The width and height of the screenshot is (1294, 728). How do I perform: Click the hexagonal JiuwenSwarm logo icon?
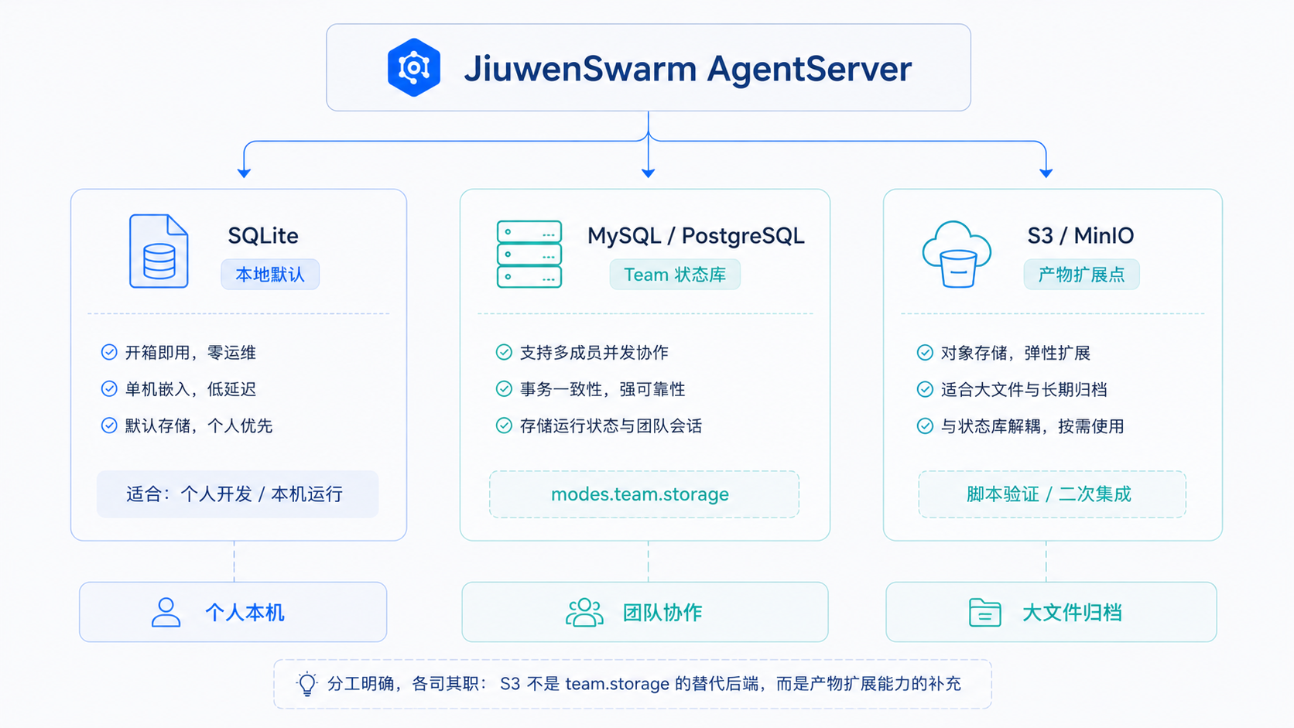(413, 67)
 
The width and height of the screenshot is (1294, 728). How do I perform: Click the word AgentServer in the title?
(809, 69)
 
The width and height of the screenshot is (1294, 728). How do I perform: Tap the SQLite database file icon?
(159, 251)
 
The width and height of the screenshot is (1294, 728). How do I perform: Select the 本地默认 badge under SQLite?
(270, 274)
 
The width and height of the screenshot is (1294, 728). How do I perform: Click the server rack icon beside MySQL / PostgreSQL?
(529, 254)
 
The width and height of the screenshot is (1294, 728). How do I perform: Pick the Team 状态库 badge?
(675, 274)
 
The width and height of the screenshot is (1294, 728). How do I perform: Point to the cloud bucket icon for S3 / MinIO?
(957, 254)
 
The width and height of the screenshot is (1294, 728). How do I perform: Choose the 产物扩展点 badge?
(1081, 274)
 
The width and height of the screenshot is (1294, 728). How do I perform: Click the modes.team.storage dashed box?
(644, 494)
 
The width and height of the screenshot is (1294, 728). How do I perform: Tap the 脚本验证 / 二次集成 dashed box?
(1052, 494)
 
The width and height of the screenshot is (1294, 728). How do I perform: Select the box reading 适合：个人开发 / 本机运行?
(238, 494)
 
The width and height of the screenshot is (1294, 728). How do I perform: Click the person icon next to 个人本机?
(166, 613)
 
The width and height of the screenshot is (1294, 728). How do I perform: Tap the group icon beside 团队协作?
(584, 613)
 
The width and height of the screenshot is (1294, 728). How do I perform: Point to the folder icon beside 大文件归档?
(985, 613)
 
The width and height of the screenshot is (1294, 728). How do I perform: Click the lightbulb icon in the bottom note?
(306, 684)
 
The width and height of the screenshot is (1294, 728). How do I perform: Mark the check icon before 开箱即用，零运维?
(109, 352)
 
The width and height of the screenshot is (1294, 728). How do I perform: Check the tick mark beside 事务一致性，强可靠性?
(504, 389)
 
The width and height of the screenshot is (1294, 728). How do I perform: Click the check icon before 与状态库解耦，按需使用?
(925, 426)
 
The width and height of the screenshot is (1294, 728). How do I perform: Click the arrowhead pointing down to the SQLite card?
(244, 173)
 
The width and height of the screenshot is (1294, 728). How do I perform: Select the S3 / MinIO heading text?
(1080, 235)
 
